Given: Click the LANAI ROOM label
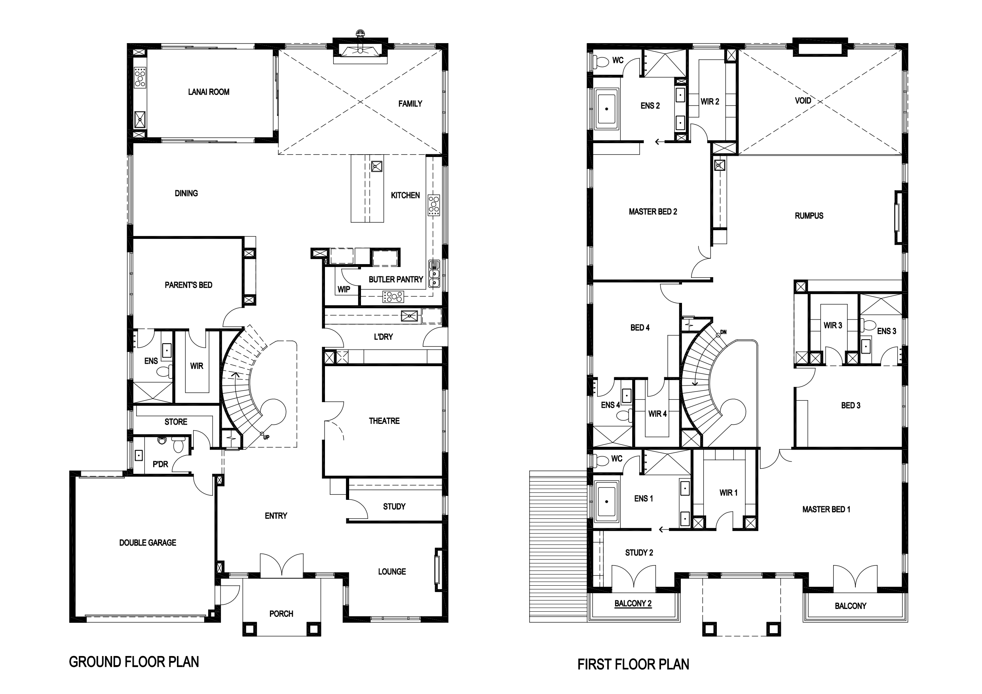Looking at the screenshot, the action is (209, 92).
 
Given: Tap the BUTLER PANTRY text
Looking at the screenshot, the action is (396, 280).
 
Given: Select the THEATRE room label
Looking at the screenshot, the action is (384, 421).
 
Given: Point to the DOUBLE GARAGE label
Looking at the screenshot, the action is (148, 543).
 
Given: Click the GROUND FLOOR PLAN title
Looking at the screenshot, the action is (134, 662).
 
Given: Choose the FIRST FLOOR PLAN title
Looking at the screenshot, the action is (633, 664).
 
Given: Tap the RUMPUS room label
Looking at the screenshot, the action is (809, 216).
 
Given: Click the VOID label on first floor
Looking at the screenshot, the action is (803, 101).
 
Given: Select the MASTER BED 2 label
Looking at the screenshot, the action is (653, 212).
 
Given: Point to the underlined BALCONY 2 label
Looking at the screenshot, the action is (633, 603).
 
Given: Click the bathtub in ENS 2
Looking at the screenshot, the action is (606, 109).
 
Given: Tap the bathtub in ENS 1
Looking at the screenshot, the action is (606, 502).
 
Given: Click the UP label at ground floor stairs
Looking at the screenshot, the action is (266, 437).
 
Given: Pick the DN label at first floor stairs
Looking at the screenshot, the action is (723, 332).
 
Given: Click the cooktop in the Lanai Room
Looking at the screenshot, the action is (140, 78).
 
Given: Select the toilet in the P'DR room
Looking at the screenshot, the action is (179, 445).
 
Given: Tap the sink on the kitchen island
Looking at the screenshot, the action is (376, 166).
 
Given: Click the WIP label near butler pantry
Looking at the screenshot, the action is (344, 289).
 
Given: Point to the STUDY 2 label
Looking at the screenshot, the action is (639, 552).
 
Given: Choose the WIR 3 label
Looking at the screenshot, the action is (833, 325).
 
